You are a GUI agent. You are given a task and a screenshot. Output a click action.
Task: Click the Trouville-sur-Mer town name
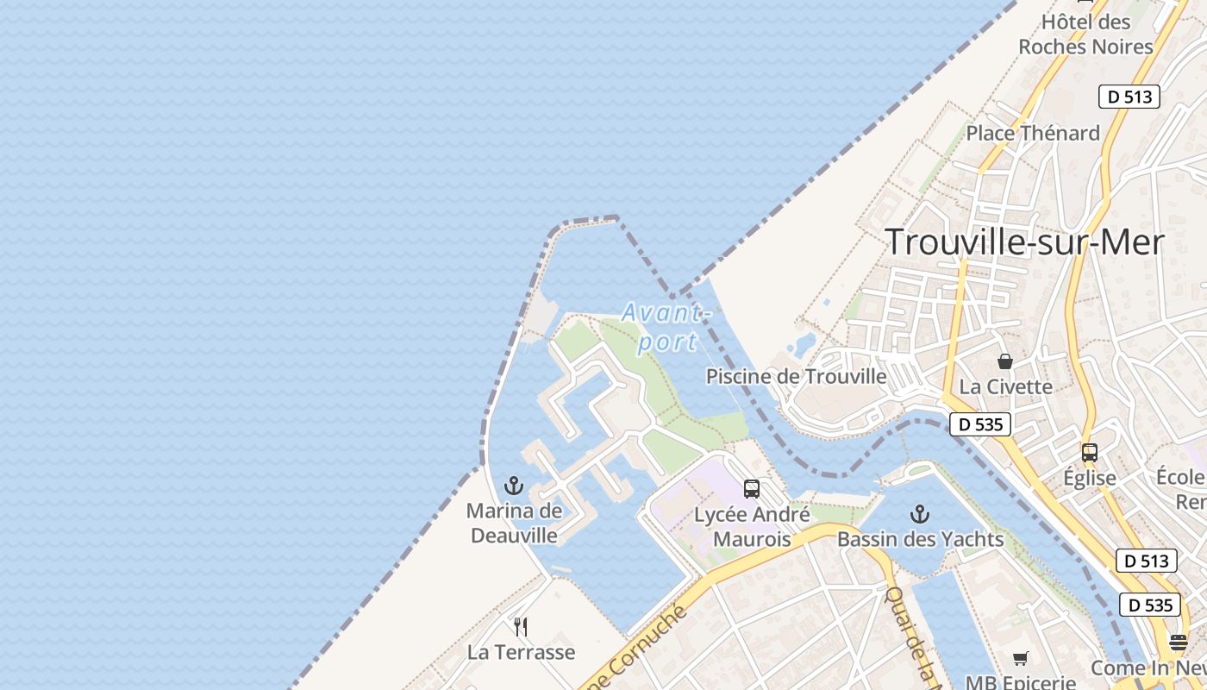[1024, 242]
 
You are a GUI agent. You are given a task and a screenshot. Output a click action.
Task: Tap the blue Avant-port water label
[666, 326]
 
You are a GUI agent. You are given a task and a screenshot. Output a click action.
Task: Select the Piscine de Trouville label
[796, 377]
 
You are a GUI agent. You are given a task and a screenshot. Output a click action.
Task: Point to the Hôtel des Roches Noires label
[1085, 34]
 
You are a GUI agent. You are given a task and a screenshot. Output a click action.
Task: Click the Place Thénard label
[1033, 133]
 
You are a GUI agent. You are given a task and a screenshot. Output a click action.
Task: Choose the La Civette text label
[1005, 386]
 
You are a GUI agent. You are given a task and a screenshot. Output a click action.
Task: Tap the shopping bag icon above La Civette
[1005, 361]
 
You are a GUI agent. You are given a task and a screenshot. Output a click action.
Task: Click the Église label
[1090, 478]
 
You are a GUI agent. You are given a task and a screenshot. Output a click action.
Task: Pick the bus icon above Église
[1090, 452]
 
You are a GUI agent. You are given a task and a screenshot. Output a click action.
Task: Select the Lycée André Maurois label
[753, 527]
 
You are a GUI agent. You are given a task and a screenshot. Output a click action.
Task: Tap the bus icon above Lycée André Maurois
[752, 489]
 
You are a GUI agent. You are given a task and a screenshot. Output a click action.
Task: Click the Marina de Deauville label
[514, 523]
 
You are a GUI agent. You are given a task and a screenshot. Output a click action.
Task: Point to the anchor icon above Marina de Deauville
[514, 486]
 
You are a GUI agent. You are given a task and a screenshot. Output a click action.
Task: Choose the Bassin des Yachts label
[921, 540]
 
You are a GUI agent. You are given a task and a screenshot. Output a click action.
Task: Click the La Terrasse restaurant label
[521, 652]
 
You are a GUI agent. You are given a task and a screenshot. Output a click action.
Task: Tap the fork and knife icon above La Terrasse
[521, 626]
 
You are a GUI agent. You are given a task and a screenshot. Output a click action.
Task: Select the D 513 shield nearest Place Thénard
[1129, 97]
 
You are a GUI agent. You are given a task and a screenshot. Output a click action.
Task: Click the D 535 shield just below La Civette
[980, 424]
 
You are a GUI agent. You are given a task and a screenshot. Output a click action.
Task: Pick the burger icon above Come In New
[1179, 643]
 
